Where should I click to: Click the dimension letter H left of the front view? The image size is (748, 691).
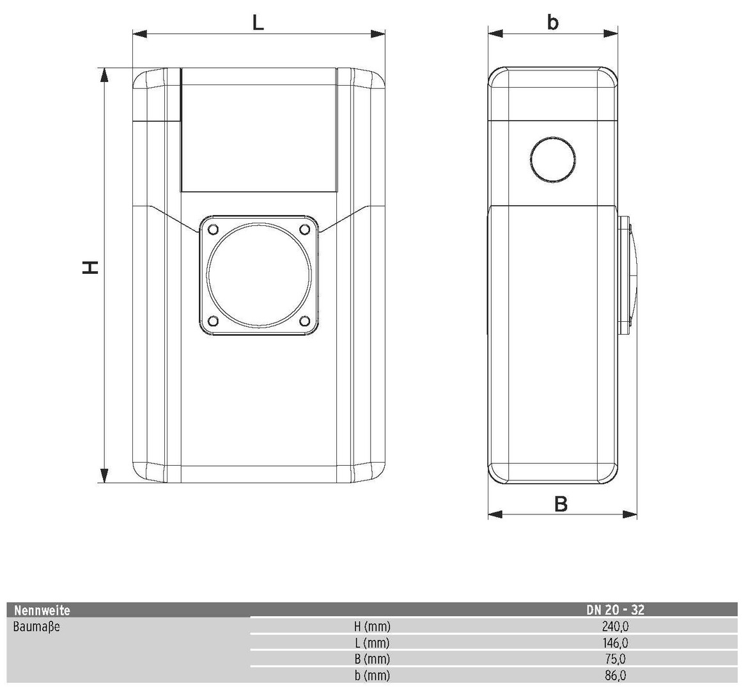(90, 267)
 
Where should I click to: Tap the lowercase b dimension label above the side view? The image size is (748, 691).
(552, 22)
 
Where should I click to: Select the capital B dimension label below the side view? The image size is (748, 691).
(561, 504)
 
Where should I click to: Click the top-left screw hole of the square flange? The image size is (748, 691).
(214, 229)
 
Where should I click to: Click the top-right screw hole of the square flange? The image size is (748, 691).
(304, 229)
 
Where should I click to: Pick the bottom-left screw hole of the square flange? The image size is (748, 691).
(214, 320)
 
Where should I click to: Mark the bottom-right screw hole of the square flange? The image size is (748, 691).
(304, 320)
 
